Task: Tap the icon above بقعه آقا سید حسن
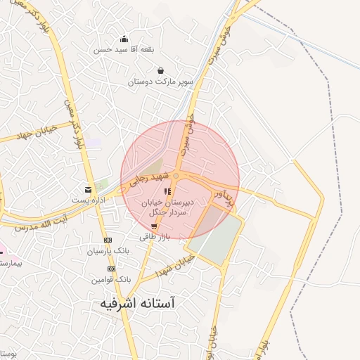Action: click(124, 39)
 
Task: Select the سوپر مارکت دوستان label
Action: click(160, 82)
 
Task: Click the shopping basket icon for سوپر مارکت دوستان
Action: click(161, 71)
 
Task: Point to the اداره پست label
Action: click(88, 200)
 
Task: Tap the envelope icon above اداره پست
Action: click(89, 189)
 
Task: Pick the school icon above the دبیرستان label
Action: click(167, 191)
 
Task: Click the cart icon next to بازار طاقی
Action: click(154, 226)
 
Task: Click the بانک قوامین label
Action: click(110, 279)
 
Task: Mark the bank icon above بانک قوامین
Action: click(111, 269)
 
